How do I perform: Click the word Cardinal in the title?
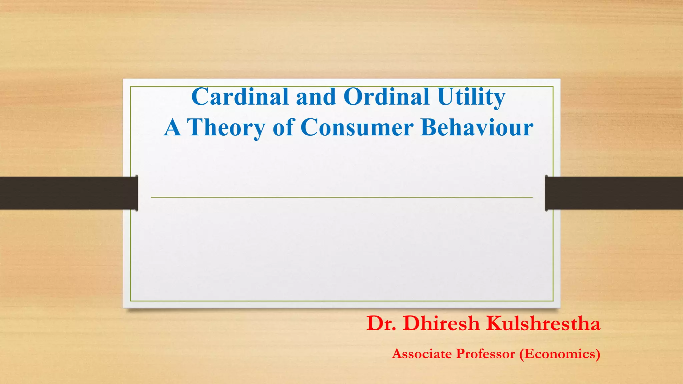coord(240,97)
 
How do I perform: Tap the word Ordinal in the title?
coord(386,97)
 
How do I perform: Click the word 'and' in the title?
coord(316,97)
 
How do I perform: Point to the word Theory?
coord(226,128)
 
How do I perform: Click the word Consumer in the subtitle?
coord(357,127)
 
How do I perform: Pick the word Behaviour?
coord(477,127)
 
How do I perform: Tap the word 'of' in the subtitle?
coord(283,127)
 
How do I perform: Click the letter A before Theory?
coord(172,127)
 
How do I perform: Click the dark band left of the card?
coord(67,193)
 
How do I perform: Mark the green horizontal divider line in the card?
coord(341,197)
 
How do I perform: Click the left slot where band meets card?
coord(137,193)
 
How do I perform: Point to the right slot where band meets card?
coord(546,193)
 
